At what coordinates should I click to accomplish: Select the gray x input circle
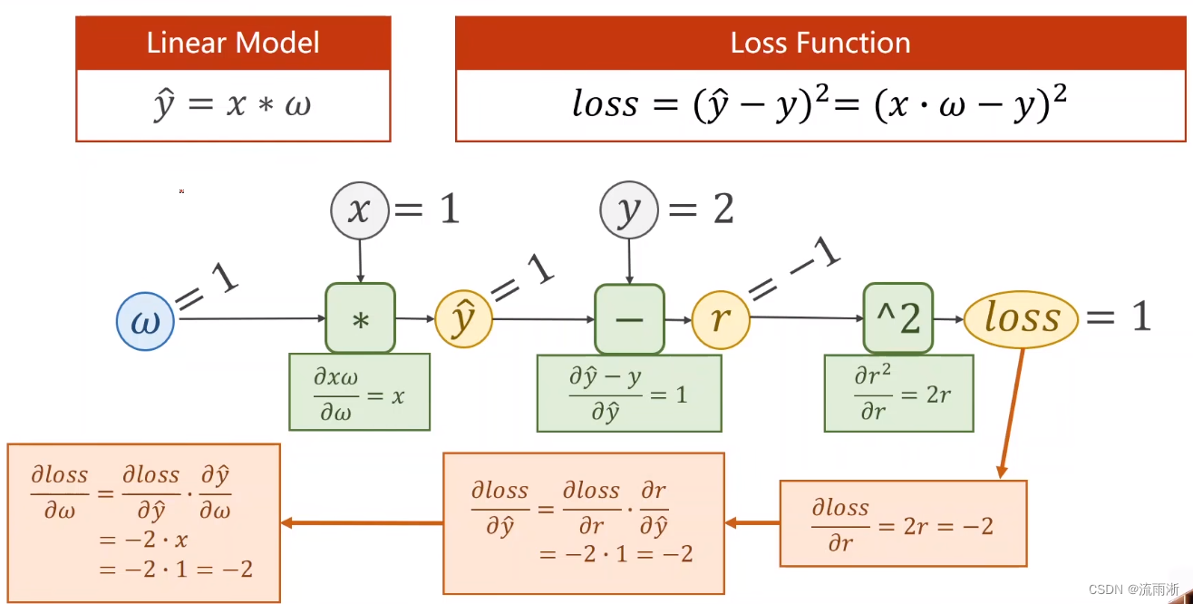[x=360, y=210]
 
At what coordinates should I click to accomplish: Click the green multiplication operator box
[x=360, y=318]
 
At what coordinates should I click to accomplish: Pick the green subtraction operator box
[x=629, y=318]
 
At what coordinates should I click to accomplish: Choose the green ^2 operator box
[x=897, y=318]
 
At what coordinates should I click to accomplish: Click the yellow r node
[x=721, y=320]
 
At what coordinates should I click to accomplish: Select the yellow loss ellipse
[x=1021, y=318]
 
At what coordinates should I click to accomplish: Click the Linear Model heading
[x=233, y=44]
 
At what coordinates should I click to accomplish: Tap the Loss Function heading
[x=820, y=44]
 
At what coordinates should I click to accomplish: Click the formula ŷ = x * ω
[x=233, y=105]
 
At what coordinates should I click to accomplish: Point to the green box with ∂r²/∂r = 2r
[x=898, y=393]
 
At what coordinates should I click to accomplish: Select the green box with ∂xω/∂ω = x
[x=359, y=391]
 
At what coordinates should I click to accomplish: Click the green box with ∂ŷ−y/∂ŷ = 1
[x=629, y=393]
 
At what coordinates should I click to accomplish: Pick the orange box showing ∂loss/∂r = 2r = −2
[x=903, y=523]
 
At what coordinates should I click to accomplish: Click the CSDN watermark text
[x=1133, y=589]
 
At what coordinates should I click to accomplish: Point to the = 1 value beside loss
[x=1119, y=317]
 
